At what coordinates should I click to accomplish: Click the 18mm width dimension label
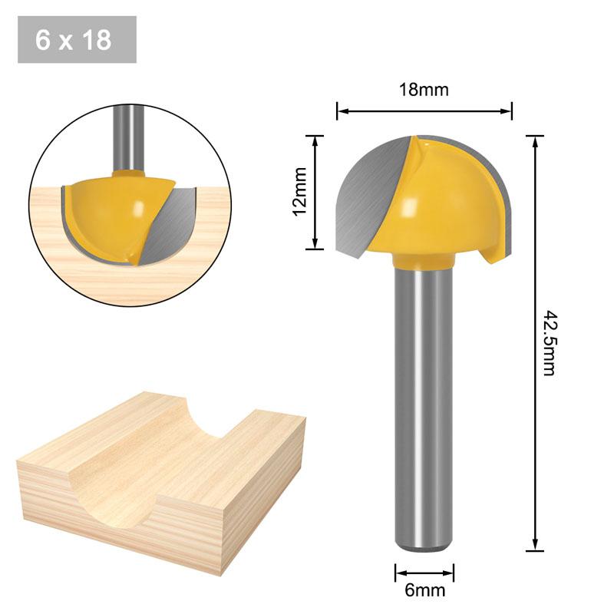pos(424,90)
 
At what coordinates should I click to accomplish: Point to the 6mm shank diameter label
pos(424,590)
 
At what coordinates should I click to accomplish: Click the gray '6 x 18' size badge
pos(77,40)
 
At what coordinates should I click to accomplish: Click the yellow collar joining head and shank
pos(421,264)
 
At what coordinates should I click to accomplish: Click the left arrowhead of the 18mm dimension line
pos(340,111)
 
